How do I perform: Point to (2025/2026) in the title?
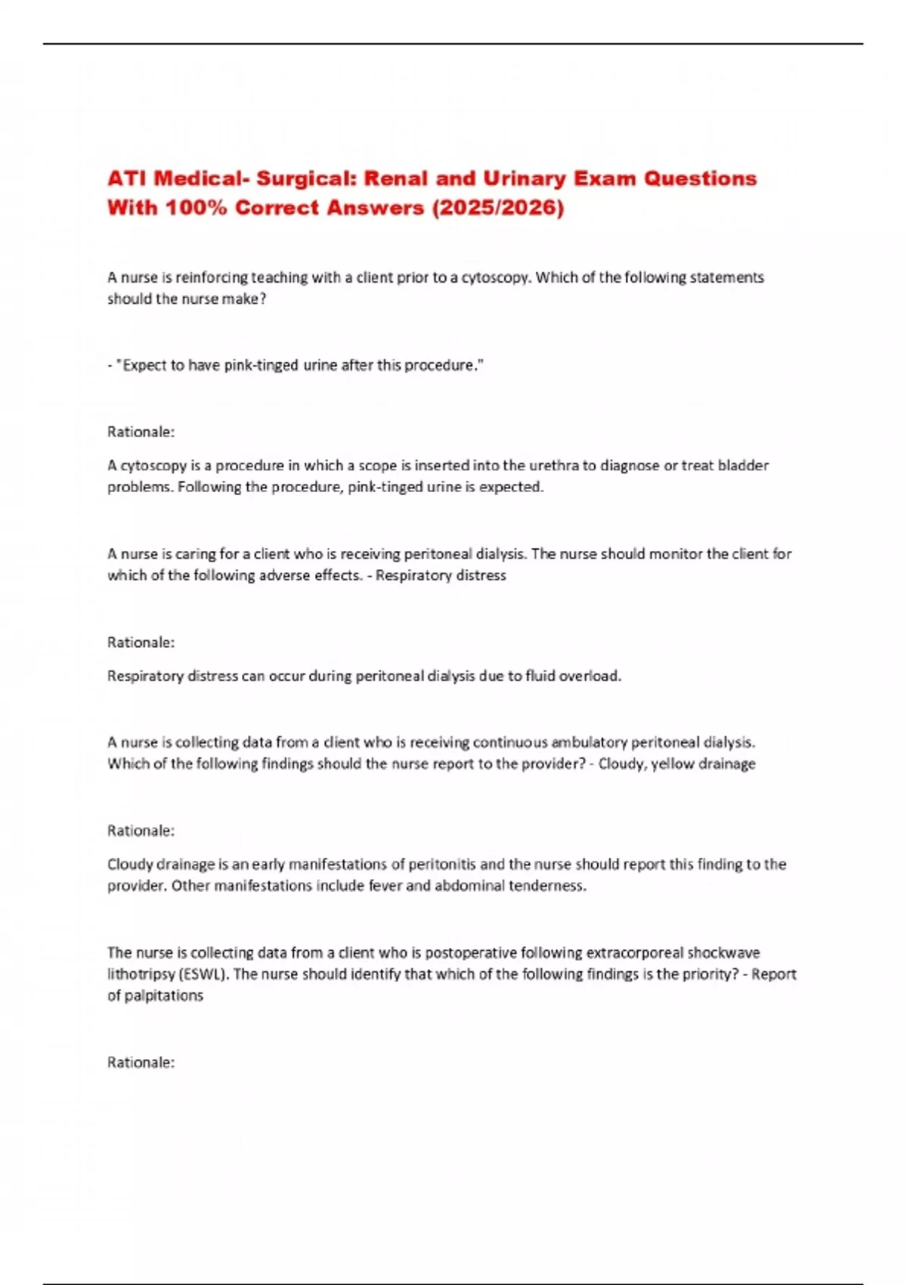(x=497, y=207)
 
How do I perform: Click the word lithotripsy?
(x=141, y=974)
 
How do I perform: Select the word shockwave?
(x=723, y=952)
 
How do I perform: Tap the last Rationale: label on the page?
(x=141, y=1062)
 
